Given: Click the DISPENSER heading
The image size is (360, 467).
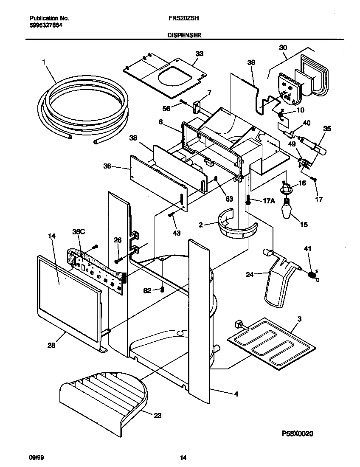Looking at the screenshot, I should tap(184, 36).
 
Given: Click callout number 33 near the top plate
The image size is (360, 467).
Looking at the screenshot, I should tap(199, 54).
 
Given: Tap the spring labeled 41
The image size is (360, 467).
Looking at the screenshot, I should tap(313, 276).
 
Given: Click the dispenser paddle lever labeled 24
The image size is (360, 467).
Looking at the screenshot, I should tap(280, 282).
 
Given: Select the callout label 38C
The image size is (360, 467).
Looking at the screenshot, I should tap(79, 232).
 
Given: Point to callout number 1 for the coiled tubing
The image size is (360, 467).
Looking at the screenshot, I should tap(44, 62).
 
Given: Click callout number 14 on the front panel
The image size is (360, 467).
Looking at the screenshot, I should tap(52, 237).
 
